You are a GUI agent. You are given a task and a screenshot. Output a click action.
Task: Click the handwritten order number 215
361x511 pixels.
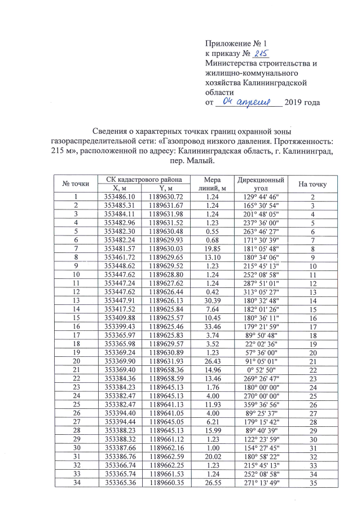click(x=261, y=54)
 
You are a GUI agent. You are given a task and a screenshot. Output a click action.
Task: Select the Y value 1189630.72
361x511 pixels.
click(x=165, y=196)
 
